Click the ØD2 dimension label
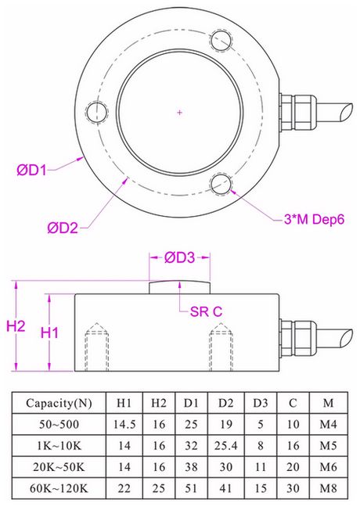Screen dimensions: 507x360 [x=62, y=228]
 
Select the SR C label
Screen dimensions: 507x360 [x=206, y=311]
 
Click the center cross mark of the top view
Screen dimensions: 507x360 [x=179, y=113]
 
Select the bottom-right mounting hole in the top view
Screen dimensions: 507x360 [x=220, y=184]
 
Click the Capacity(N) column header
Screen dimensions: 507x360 [x=61, y=404]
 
